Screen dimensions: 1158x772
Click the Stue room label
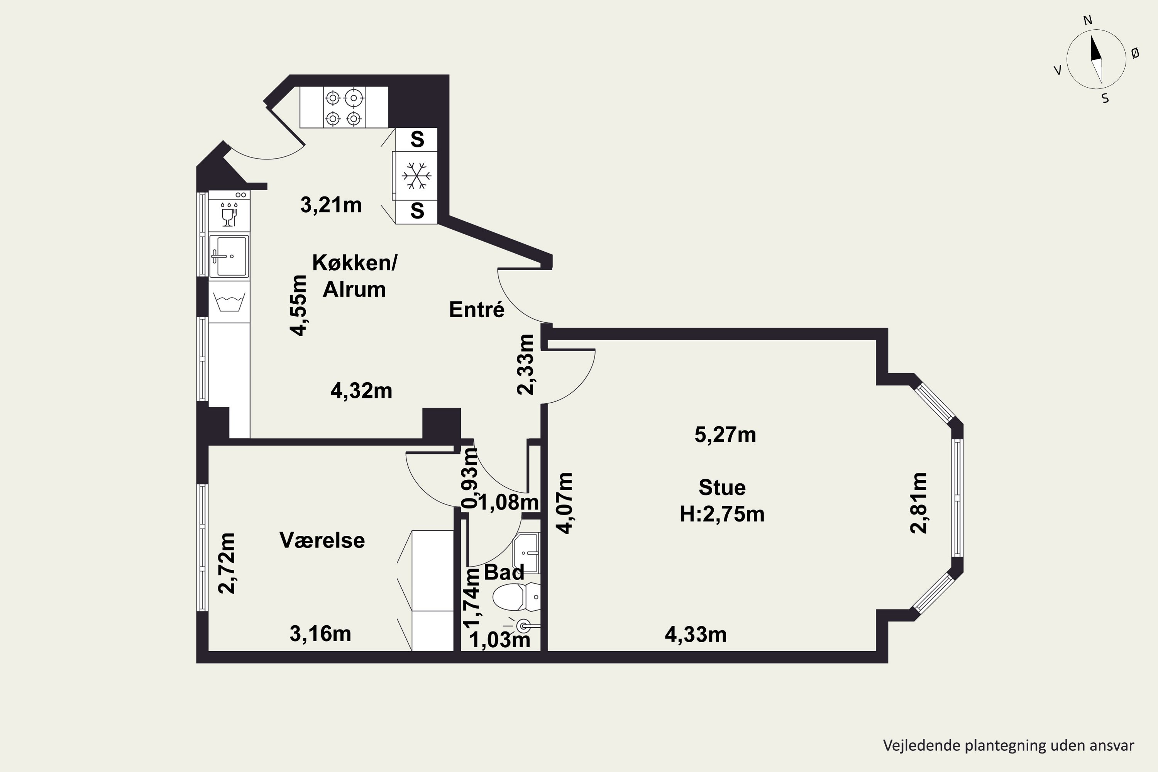tap(722, 488)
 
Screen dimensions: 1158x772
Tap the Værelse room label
tap(322, 540)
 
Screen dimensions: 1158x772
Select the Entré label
tap(477, 309)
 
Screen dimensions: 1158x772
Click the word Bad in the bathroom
tap(504, 572)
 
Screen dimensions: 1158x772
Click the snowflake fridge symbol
tap(416, 175)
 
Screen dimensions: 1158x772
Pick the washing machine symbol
tap(229, 302)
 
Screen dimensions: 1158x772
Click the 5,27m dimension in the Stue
tap(725, 435)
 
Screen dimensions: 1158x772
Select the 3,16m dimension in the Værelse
tap(320, 634)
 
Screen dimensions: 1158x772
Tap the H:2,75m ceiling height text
tap(722, 514)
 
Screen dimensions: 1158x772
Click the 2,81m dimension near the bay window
tap(918, 503)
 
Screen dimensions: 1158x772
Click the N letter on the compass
tap(1088, 20)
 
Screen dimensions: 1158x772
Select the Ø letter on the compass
tap(1135, 53)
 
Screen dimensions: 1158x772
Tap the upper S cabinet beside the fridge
tap(416, 139)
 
